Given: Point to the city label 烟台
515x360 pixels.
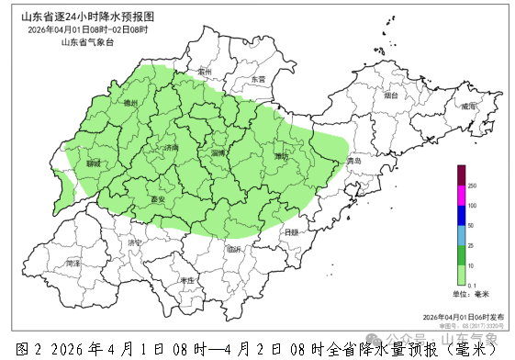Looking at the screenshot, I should pyautogui.click(x=391, y=95).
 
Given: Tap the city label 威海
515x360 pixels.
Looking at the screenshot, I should pyautogui.click(x=469, y=107).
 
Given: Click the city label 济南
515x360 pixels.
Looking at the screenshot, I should pyautogui.click(x=171, y=147).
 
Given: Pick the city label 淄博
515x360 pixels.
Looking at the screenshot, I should pyautogui.click(x=218, y=153).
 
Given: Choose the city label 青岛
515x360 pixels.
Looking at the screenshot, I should pyautogui.click(x=354, y=162).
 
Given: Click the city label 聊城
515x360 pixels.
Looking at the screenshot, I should pyautogui.click(x=93, y=163).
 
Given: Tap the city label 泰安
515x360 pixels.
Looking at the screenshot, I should pyautogui.click(x=157, y=198).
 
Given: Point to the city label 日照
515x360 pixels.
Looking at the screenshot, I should pyautogui.click(x=291, y=233).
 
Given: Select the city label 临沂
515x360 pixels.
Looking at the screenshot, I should pyautogui.click(x=235, y=249).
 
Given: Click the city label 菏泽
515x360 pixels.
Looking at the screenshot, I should pyautogui.click(x=74, y=264).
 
